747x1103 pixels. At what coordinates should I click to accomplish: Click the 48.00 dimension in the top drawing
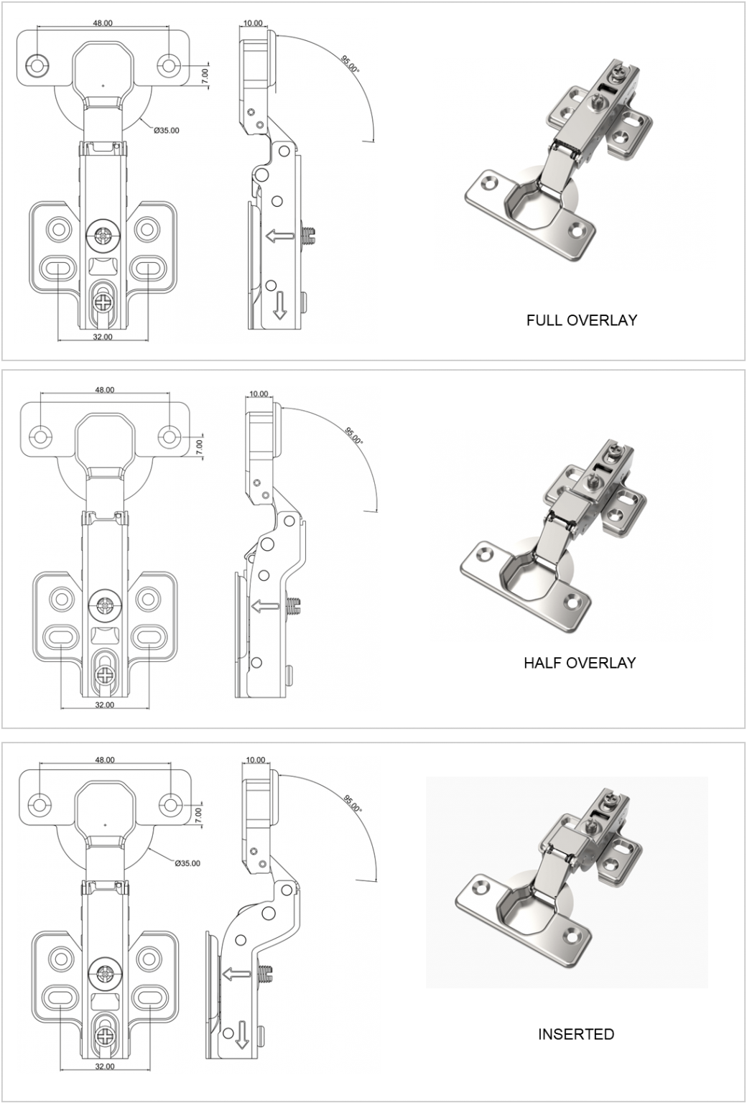(103, 23)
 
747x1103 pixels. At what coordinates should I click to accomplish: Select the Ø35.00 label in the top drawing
(167, 130)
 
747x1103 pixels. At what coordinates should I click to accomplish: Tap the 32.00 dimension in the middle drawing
(105, 704)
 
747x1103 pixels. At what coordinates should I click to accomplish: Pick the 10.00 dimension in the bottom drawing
(256, 760)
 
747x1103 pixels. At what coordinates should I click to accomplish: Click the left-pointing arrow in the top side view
(279, 236)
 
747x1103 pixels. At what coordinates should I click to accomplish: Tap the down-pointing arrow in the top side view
(279, 307)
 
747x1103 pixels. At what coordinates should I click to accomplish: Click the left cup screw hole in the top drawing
(37, 65)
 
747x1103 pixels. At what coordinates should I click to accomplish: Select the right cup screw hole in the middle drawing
(170, 436)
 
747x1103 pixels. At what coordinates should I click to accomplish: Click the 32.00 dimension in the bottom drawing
(105, 1066)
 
